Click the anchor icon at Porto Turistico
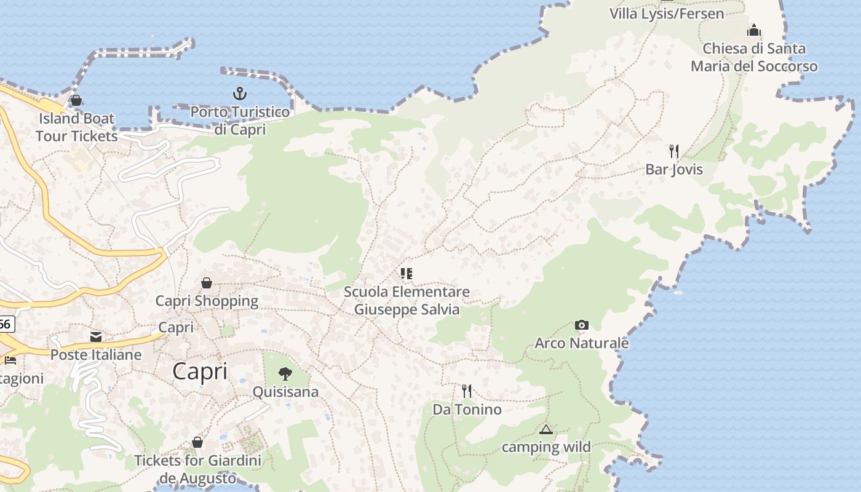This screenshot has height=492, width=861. [240, 93]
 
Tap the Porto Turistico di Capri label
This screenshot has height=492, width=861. [240, 121]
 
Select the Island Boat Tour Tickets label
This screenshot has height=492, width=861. [77, 127]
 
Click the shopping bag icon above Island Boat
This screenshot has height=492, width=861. [76, 100]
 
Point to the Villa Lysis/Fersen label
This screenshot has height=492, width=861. [667, 13]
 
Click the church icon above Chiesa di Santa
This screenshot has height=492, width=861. [754, 30]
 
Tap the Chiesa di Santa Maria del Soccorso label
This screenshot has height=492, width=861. [754, 57]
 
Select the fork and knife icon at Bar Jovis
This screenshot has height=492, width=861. [674, 151]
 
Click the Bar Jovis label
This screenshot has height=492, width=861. [674, 169]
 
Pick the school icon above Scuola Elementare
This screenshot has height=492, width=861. [406, 273]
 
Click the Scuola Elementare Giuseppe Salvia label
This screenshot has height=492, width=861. [407, 300]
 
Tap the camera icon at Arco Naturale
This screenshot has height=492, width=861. [581, 325]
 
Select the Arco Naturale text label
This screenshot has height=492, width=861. [582, 343]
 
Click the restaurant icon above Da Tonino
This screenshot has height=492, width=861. [467, 391]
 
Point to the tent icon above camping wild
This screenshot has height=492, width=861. [546, 429]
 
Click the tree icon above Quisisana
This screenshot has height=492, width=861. [285, 373]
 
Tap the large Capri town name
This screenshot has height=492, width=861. [200, 371]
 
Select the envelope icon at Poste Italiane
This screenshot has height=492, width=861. [96, 336]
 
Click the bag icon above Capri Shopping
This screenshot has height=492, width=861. [207, 283]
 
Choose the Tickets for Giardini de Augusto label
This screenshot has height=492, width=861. [197, 469]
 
